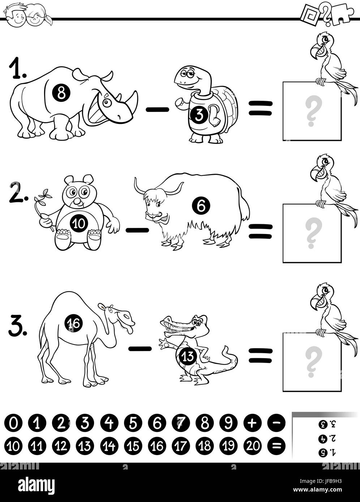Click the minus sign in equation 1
pyautogui.click(x=158, y=109)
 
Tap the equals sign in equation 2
pyautogui.click(x=260, y=231)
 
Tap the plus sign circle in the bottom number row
pyautogui.click(x=253, y=422)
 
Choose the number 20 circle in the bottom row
pyautogui.click(x=253, y=446)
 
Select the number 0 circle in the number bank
pyautogui.click(x=13, y=422)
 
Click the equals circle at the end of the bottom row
pyautogui.click(x=277, y=446)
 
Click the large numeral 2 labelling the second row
pyautogui.click(x=17, y=197)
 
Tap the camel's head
pyautogui.click(x=121, y=316)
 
